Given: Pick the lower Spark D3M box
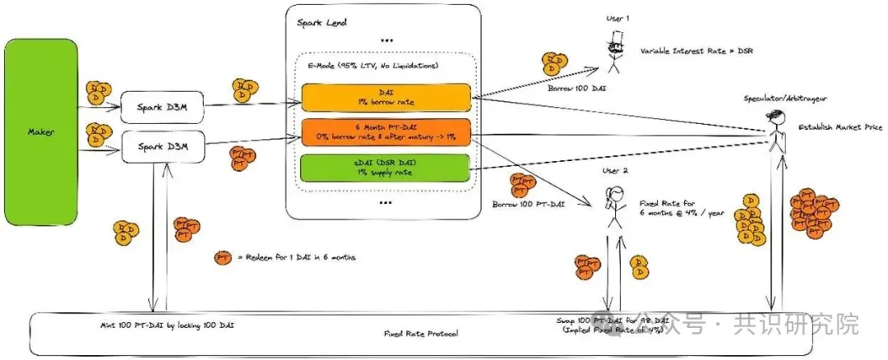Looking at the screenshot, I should (160, 147).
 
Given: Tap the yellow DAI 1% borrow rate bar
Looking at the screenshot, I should (385, 96).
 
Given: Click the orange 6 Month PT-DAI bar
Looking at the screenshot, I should (385, 132).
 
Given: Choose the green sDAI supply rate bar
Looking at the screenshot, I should (385, 168).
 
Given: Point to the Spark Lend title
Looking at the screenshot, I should (321, 21).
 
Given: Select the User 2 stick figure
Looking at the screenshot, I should (612, 204).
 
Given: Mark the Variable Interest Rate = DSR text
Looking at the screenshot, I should (696, 51).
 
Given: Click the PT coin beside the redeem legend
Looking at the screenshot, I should (222, 258).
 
